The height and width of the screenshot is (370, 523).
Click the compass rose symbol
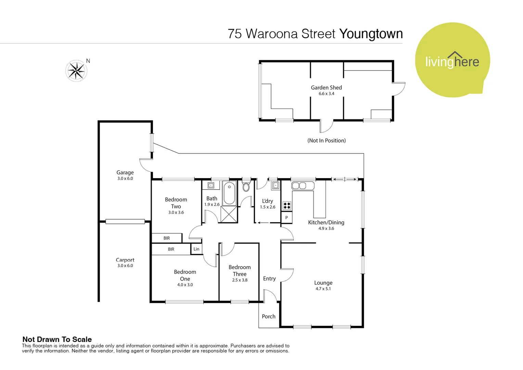(x=76, y=71)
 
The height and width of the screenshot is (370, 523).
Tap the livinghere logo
(x=452, y=61)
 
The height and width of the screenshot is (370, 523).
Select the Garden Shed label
(x=326, y=88)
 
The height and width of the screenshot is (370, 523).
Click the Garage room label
(x=125, y=173)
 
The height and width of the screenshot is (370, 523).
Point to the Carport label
(x=125, y=260)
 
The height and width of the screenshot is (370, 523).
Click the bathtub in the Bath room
(x=229, y=193)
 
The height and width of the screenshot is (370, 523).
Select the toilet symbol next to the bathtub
(x=246, y=187)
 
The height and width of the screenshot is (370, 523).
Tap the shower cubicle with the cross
(x=229, y=214)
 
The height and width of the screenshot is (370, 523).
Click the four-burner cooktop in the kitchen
(x=287, y=206)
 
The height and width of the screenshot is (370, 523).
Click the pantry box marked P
(x=286, y=218)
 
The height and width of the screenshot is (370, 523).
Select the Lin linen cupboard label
(x=196, y=249)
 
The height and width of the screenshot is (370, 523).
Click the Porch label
(x=269, y=317)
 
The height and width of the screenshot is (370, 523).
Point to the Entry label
(x=269, y=279)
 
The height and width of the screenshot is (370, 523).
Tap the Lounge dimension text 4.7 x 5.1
(x=323, y=289)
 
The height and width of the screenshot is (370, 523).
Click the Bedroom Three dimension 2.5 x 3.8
(x=240, y=280)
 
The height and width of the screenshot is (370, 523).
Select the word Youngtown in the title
(x=371, y=34)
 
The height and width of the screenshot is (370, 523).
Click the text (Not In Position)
(x=327, y=140)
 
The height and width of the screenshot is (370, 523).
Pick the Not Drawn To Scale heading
(x=57, y=340)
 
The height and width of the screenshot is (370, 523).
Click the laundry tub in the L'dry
(x=276, y=186)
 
